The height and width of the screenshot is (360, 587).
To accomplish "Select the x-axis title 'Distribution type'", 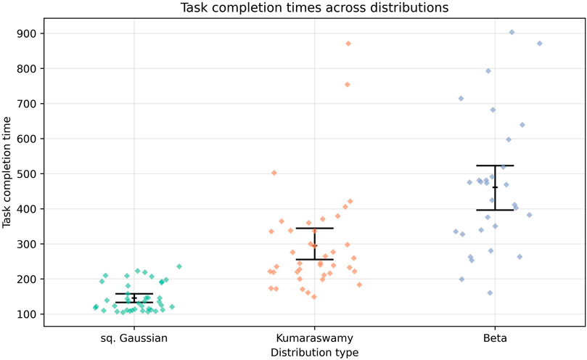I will pos(313,352).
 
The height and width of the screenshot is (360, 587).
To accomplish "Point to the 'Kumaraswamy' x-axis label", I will pos(314,338).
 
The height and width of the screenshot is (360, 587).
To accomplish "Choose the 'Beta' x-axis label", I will pos(496,338).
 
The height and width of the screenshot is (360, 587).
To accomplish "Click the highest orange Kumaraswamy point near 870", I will pos(348,44).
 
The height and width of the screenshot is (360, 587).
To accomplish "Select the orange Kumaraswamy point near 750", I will pos(347,85).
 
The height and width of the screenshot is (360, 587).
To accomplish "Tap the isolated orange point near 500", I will pos(274,173).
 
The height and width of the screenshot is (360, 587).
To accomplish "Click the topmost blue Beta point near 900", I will pos(512,33).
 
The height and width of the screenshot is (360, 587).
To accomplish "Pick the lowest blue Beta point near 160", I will pos(490,293).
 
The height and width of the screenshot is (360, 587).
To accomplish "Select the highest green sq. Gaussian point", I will pos(179,266).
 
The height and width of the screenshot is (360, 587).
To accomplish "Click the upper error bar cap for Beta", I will pos(496,165).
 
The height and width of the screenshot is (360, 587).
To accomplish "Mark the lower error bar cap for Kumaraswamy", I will pos(314,259).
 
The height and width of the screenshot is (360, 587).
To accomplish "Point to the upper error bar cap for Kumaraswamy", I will pos(314,228).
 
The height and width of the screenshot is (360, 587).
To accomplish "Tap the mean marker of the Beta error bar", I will pos(496,187).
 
